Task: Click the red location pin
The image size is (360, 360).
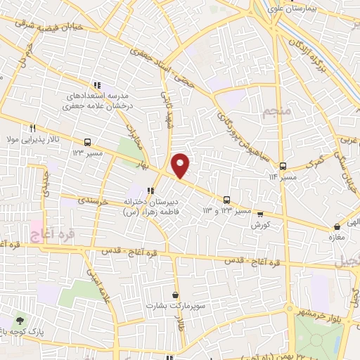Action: pos(181,165)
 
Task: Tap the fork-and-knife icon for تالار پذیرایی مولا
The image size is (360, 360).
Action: pos(32,129)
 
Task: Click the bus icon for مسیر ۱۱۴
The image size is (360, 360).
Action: pos(283,167)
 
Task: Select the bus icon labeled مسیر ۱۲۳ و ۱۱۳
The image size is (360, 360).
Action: pos(226,199)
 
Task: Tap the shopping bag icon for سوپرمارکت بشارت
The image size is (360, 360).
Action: pos(175,295)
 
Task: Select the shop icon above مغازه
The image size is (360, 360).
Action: pos(338,226)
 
